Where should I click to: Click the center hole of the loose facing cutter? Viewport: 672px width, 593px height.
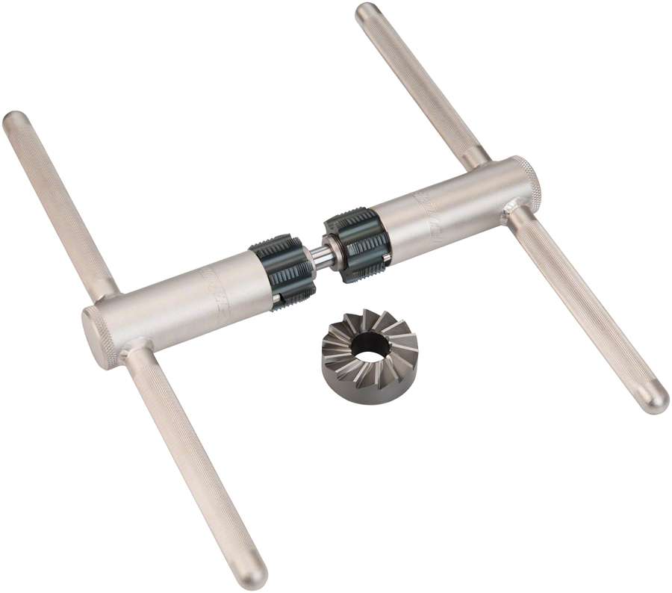[369, 344]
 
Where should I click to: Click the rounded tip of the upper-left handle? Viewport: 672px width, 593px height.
[15, 122]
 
